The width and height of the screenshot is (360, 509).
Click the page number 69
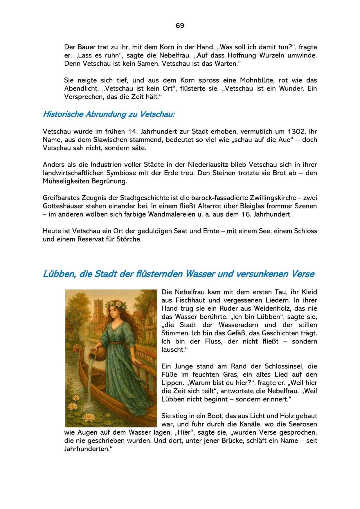[180, 26]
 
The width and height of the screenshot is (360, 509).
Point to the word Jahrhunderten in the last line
[87, 449]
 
